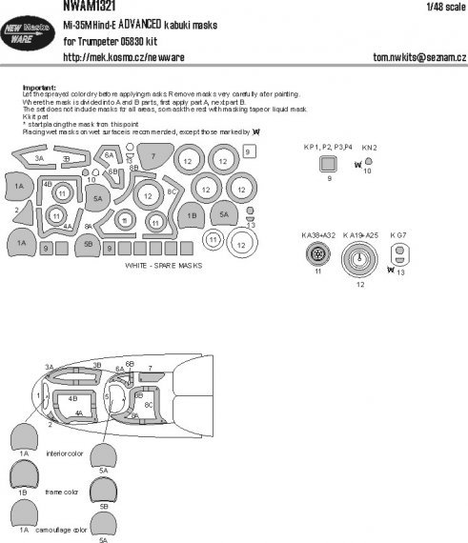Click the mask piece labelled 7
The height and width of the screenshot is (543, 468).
152,156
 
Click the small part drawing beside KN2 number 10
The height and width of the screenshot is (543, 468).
369,161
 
